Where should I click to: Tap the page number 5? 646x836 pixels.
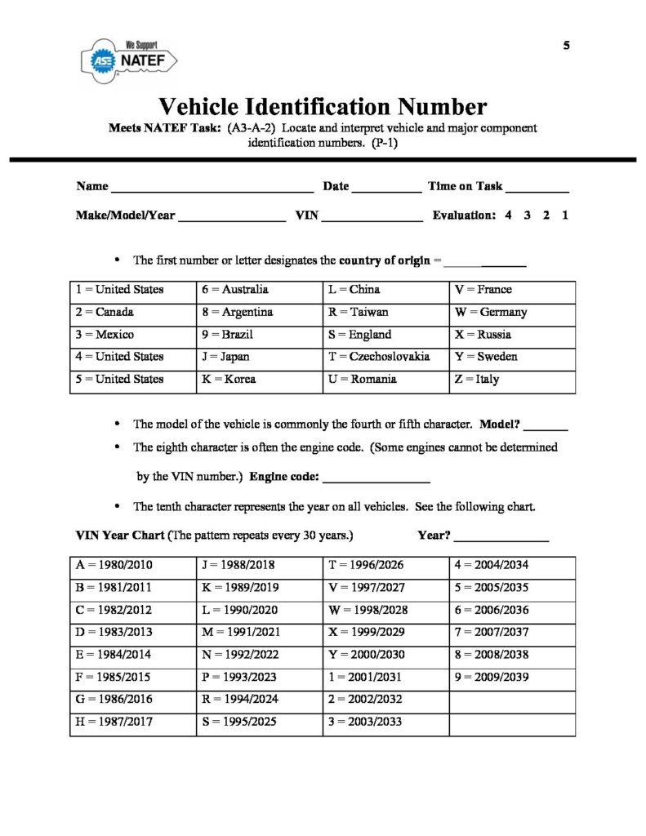tap(566, 46)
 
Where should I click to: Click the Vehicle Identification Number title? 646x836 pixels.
tap(323, 107)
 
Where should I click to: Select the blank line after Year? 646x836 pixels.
tap(501, 540)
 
